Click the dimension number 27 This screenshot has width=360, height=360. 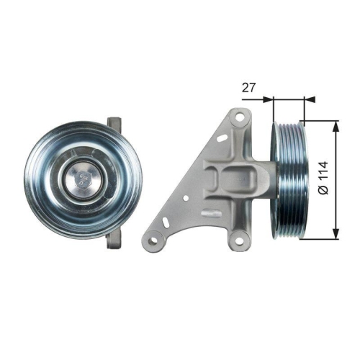coord(249,88)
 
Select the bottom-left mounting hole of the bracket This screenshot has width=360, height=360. coord(154,233)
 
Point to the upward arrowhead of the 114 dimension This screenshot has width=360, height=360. coord(336,126)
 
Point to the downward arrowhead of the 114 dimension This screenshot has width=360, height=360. coord(336,234)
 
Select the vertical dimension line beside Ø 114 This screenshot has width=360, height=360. coord(336,180)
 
